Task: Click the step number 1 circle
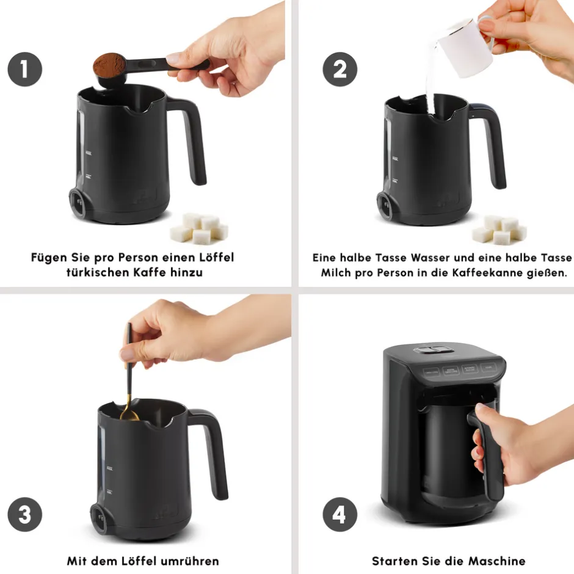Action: [x=25, y=69]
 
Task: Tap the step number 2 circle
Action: [x=340, y=69]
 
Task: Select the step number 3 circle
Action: [x=25, y=514]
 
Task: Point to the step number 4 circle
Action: [x=340, y=514]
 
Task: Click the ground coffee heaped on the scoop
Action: [x=109, y=65]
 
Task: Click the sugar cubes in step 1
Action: [x=199, y=228]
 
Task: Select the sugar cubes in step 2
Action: [x=500, y=230]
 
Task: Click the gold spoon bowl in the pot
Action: [x=129, y=415]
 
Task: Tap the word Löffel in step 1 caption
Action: [x=216, y=257]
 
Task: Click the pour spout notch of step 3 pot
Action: [x=159, y=423]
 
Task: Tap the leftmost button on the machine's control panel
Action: [x=431, y=372]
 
